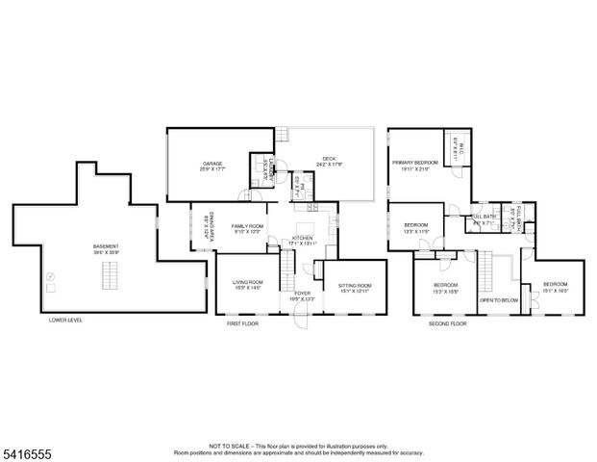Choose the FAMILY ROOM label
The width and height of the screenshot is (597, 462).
pos(246,227)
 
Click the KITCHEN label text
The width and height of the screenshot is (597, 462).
pos(303,240)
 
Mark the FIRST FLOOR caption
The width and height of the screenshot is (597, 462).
pos(242,324)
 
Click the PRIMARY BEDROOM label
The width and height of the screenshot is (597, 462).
pos(415,165)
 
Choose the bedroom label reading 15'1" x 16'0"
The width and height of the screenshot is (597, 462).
pos(555,286)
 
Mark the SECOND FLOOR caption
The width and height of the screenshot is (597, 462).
pos(447,324)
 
